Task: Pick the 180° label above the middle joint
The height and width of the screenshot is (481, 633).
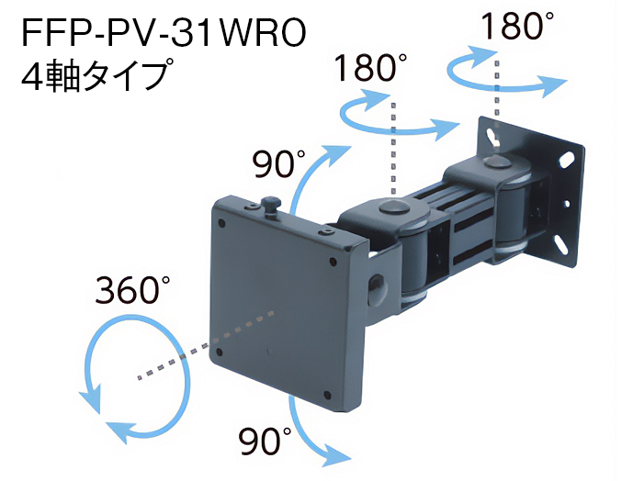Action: (x=370, y=70)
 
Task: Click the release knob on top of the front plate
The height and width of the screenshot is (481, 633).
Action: (x=271, y=205)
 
